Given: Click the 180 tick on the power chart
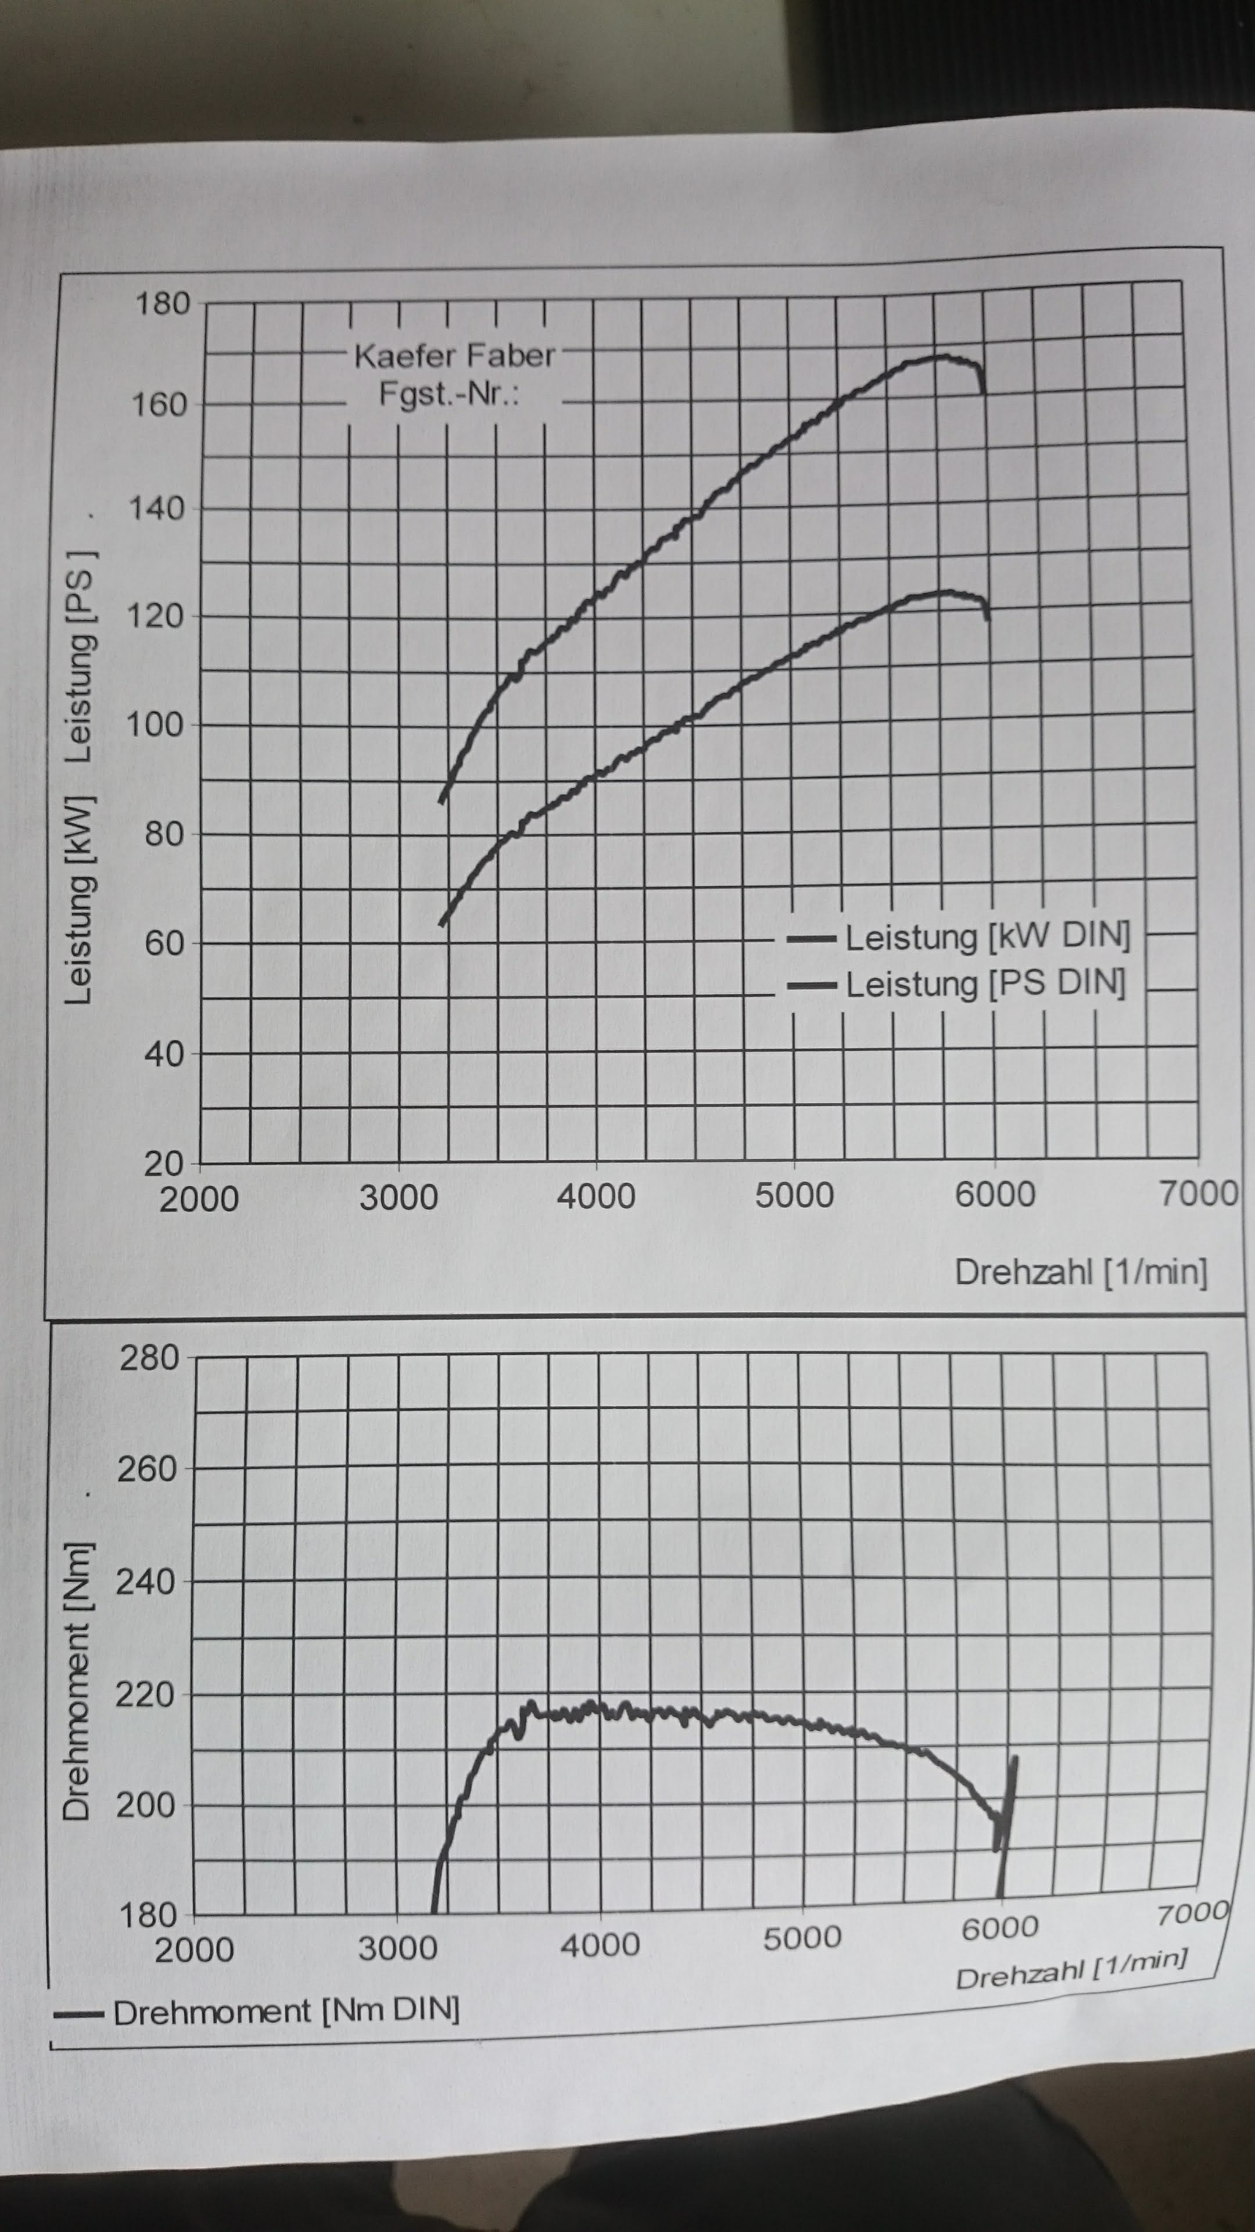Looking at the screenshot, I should (x=162, y=304).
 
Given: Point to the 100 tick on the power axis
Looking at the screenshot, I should (x=156, y=724).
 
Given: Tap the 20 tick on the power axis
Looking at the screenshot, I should (x=164, y=1164).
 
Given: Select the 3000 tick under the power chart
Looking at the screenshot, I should (x=399, y=1197).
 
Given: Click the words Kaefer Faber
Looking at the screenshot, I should (x=454, y=355).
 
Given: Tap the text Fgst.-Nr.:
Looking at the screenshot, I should (x=449, y=394).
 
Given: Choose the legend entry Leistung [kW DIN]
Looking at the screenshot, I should (x=987, y=936).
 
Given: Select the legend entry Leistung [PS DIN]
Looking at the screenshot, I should (x=985, y=984).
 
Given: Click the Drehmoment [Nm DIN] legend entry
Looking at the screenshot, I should (x=286, y=2011).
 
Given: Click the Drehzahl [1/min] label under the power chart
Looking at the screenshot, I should (x=1080, y=1272).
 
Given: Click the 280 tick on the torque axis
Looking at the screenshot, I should (x=149, y=1358).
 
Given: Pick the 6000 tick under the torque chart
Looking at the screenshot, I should (x=999, y=1928).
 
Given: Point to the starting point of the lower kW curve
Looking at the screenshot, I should (x=443, y=925).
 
